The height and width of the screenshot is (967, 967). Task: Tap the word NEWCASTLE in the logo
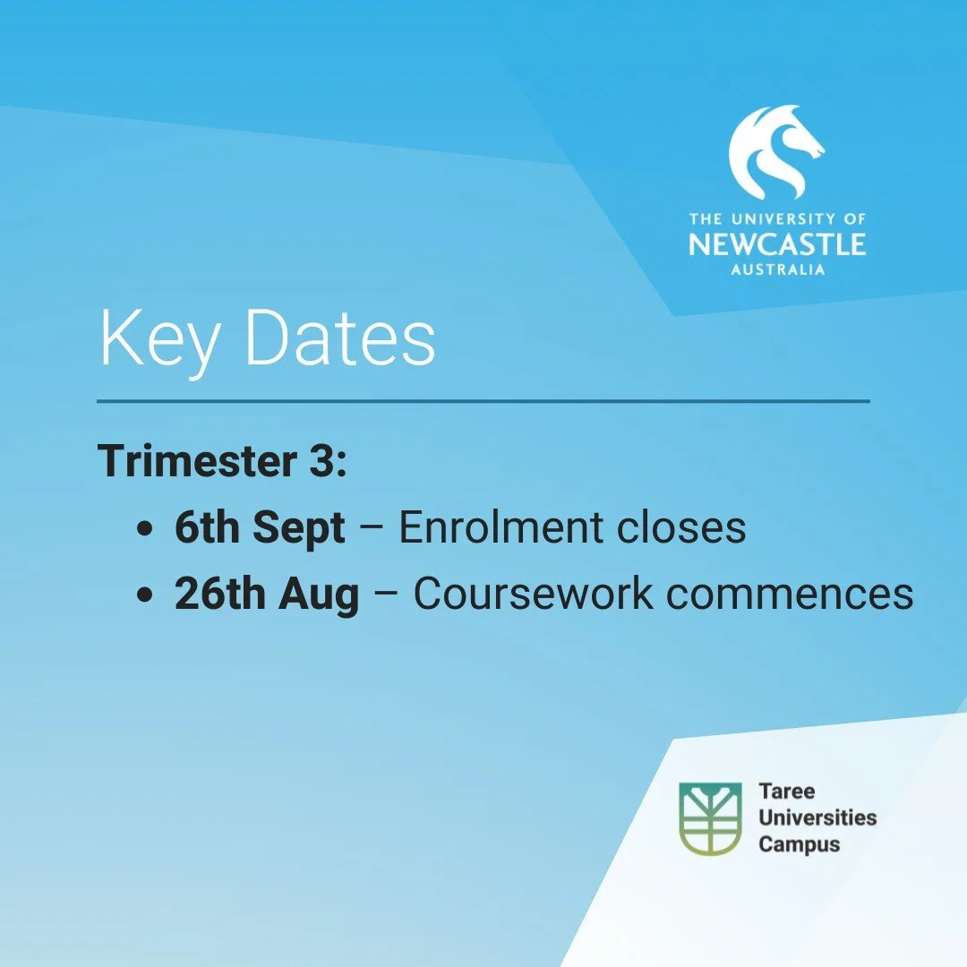pyautogui.click(x=777, y=244)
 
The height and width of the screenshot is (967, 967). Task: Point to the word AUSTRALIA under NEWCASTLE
pyautogui.click(x=777, y=270)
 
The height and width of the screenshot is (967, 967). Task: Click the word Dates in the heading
pyautogui.click(x=340, y=338)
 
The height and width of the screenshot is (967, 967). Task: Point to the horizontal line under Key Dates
pyautogui.click(x=483, y=401)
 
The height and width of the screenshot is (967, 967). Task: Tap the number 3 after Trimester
pyautogui.click(x=324, y=460)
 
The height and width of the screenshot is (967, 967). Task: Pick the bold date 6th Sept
pyautogui.click(x=260, y=528)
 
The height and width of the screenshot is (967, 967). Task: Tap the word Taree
pyautogui.click(x=787, y=792)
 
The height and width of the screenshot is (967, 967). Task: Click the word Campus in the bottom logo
pyautogui.click(x=800, y=843)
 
